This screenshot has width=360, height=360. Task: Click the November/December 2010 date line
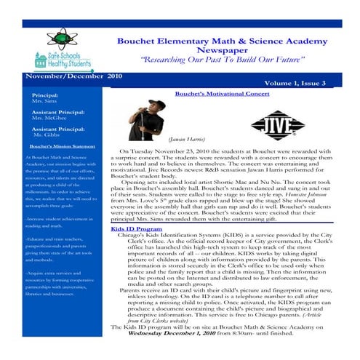pyautogui.click(x=64, y=76)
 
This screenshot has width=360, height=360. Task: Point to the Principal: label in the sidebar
pyautogui.click(x=45, y=95)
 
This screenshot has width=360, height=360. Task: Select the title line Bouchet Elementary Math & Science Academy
pyautogui.click(x=223, y=33)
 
